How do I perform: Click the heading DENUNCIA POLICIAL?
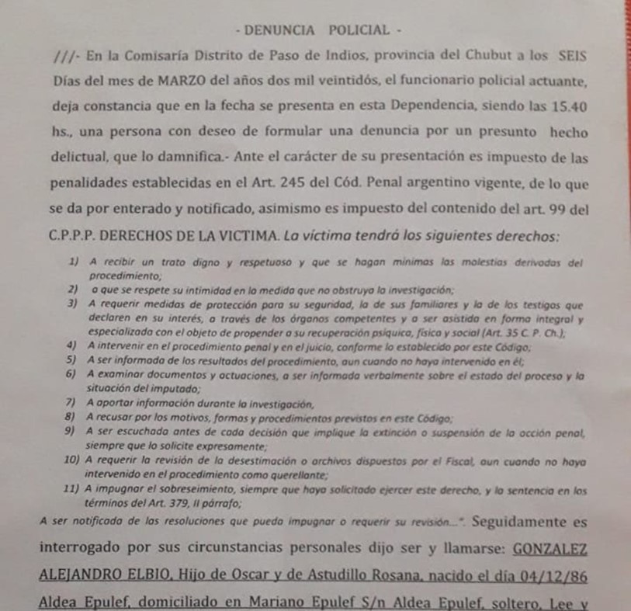317,30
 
